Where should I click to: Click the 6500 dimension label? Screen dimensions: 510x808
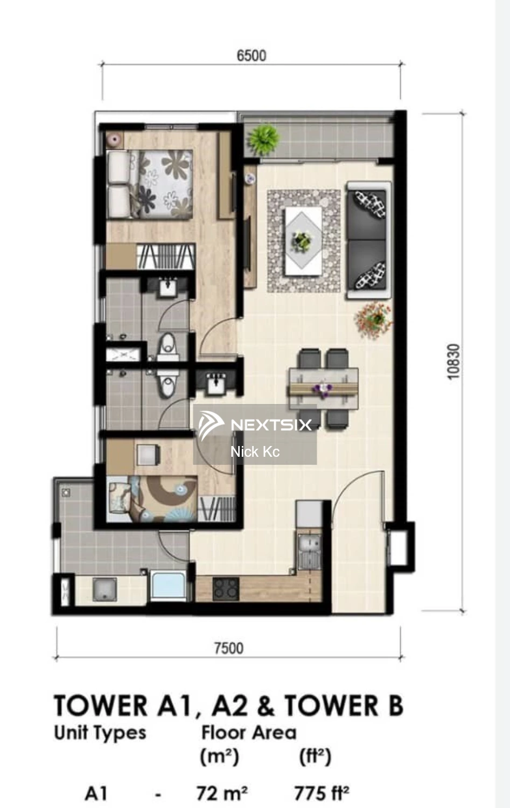point(251,55)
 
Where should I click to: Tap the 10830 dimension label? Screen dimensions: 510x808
point(454,361)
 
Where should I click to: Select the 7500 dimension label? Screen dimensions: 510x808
point(229,648)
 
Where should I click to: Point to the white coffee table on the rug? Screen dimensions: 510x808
point(304,241)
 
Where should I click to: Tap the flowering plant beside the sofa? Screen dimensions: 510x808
point(374,320)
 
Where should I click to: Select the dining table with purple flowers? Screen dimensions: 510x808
point(323,388)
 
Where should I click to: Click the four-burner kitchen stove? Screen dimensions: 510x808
point(226,589)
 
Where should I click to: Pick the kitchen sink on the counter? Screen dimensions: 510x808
point(310,551)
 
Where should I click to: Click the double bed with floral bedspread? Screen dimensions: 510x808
point(150,184)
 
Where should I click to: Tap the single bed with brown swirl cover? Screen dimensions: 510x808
point(152,499)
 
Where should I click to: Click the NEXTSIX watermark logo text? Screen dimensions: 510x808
point(271,424)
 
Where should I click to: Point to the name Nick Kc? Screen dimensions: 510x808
point(255,451)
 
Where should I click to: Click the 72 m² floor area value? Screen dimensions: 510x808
point(222,793)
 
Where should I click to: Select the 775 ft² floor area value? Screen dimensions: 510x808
point(322,793)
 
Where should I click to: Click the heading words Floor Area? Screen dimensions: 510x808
point(249,733)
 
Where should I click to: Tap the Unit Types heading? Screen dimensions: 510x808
point(100,733)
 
